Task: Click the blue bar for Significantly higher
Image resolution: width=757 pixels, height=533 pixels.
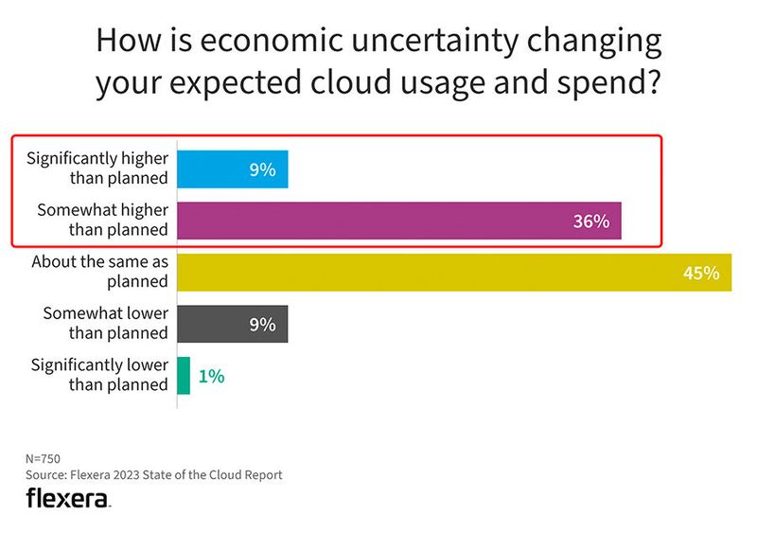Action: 232,169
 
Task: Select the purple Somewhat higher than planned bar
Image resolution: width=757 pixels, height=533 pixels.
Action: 398,221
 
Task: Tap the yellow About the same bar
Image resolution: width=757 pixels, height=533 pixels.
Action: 454,273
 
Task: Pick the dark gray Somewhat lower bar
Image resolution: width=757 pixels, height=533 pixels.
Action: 232,324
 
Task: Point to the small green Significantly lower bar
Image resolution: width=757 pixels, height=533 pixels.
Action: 185,376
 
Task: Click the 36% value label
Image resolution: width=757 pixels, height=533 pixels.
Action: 591,222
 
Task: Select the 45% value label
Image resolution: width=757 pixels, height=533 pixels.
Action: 701,273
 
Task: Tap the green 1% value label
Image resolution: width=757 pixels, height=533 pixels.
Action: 211,376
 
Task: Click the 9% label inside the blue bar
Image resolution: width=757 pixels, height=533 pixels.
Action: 262,169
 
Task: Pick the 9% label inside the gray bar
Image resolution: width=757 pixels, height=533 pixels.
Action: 262,324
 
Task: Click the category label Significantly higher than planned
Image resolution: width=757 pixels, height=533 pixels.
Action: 97,169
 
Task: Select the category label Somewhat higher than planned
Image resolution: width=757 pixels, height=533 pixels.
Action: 101,220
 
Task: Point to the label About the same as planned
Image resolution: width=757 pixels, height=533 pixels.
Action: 99,272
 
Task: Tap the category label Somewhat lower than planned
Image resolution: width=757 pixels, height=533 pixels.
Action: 105,323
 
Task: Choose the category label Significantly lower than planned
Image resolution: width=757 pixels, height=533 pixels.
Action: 99,374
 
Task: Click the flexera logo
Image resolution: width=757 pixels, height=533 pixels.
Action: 68,498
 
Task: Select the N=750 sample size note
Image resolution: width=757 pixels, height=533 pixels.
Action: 44,457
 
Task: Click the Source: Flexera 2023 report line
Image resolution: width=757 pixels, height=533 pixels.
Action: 153,474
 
